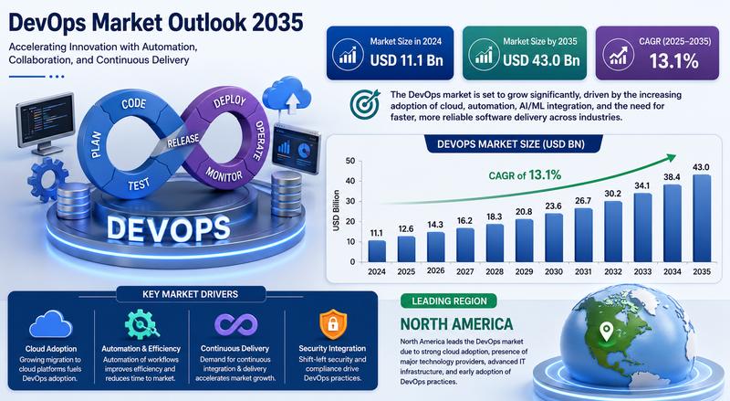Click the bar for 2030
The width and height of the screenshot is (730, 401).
pos(554,237)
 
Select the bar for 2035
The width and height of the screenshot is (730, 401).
pos(702,218)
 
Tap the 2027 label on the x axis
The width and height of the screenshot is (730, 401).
pos(465,271)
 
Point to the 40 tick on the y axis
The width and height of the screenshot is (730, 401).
pos(350,181)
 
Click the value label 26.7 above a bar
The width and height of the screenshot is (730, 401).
pos(583,201)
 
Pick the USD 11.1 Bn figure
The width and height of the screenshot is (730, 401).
pos(406,60)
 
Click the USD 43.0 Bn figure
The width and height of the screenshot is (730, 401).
pos(541,60)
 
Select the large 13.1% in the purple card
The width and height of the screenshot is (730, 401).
pos(673,61)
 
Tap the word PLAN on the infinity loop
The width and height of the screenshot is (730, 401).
pos(96,144)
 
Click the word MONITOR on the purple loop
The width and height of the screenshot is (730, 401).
pos(224,174)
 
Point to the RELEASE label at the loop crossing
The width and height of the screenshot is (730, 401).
pos(183,141)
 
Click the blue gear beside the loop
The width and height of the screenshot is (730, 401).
pos(47,180)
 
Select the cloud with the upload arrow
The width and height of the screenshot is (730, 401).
pos(287,96)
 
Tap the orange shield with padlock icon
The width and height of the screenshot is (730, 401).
pos(332,324)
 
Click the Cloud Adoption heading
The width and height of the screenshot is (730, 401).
pos(51,348)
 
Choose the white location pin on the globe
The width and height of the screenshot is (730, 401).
pos(605,331)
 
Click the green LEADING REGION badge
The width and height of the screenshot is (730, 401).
pos(449,301)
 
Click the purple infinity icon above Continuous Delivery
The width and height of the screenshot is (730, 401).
pos(235,324)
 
